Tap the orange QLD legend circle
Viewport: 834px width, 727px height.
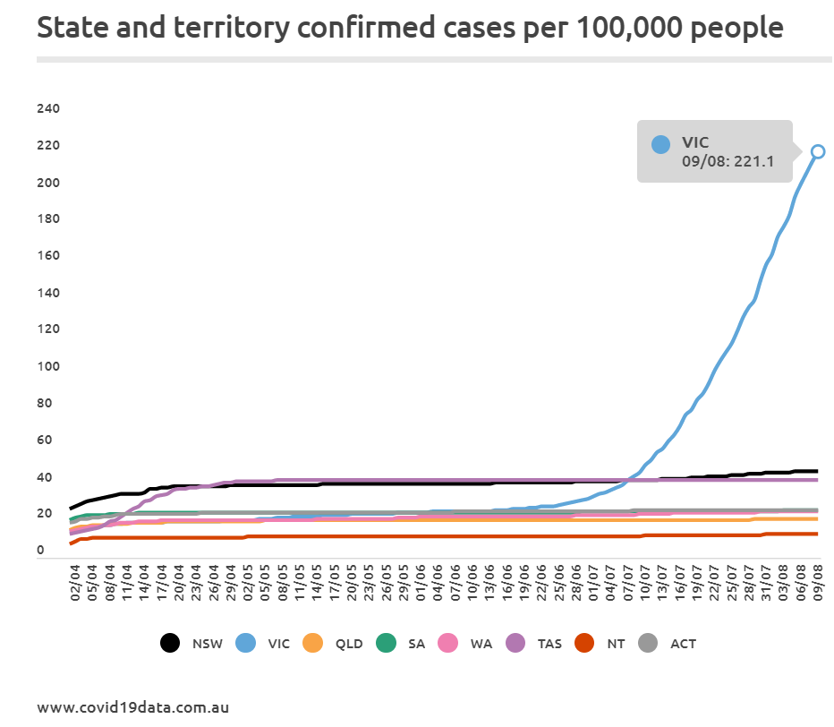click(312, 643)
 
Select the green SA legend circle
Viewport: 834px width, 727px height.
click(387, 643)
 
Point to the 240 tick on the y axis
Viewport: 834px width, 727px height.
click(47, 109)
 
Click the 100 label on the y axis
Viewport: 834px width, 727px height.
click(47, 366)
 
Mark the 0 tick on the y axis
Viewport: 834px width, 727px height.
click(41, 550)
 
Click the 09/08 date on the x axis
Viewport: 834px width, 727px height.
click(818, 586)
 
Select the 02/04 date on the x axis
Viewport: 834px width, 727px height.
click(74, 586)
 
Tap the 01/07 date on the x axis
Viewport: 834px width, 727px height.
click(592, 586)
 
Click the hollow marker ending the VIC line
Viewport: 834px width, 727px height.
click(817, 151)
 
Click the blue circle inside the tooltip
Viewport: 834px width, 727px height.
click(660, 144)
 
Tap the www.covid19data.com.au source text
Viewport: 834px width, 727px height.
click(132, 707)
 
